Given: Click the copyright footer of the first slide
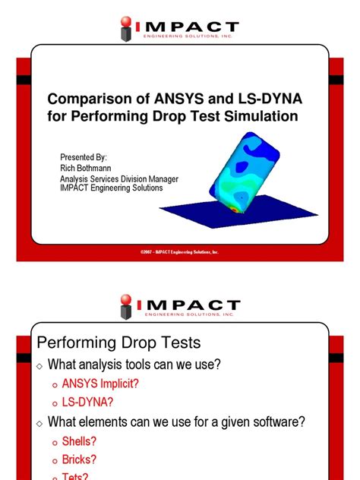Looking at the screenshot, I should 179,251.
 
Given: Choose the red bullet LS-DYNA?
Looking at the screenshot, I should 89,403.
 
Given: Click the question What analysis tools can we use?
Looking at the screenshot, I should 134,365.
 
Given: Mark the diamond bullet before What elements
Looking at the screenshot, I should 39,422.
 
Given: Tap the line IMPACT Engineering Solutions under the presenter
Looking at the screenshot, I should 112,188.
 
